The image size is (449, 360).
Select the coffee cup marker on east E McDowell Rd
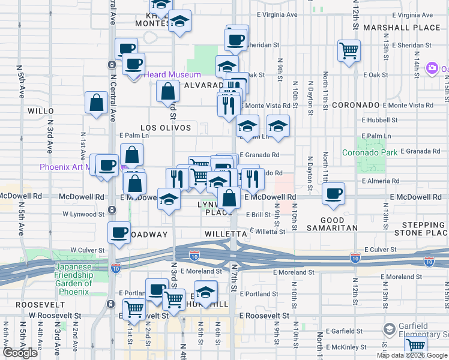click(333, 193)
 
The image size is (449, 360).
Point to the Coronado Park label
click(370, 152)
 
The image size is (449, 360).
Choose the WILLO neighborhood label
click(41, 111)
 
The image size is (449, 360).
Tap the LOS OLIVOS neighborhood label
click(165, 128)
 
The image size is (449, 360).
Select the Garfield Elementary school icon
click(390, 329)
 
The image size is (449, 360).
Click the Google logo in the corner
click(20, 353)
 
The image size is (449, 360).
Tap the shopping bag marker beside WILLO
click(97, 103)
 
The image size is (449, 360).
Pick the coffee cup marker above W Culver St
click(119, 233)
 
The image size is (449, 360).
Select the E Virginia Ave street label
click(277, 14)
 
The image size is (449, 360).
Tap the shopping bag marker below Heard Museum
click(168, 92)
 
